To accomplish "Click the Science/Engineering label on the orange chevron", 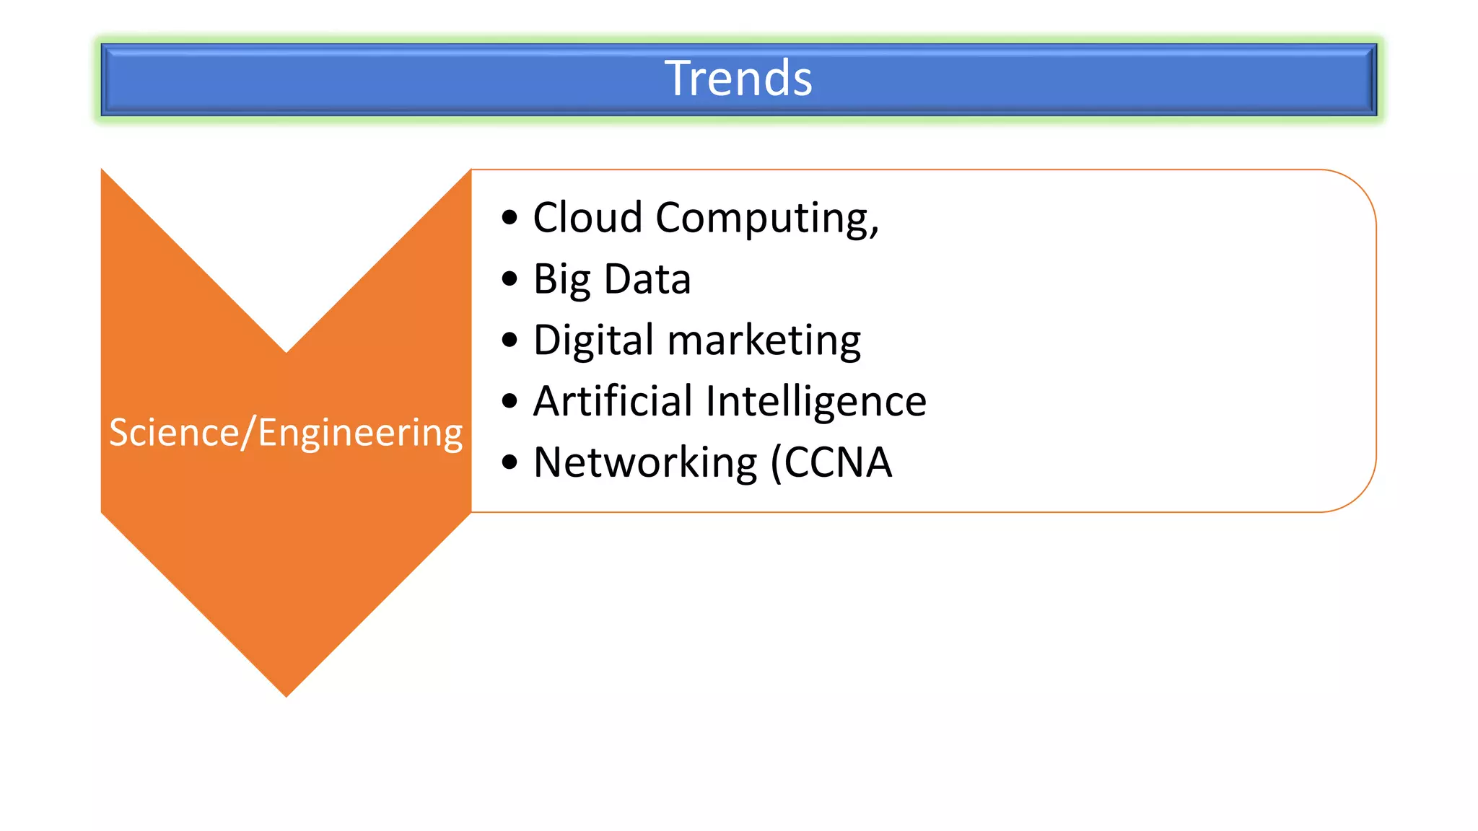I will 286,433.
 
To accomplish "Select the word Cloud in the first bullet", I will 587,217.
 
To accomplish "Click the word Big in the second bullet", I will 561,280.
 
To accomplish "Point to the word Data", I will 647,279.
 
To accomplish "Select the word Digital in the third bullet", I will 593,340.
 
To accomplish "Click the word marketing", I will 764,340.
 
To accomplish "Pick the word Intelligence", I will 816,402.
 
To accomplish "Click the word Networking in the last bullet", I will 645,462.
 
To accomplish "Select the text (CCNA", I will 831,462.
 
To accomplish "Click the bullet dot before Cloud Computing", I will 510,217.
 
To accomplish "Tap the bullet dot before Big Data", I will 510,278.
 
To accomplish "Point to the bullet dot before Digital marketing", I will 510,340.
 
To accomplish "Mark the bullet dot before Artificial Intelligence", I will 510,401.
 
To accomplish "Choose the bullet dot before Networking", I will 510,462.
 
